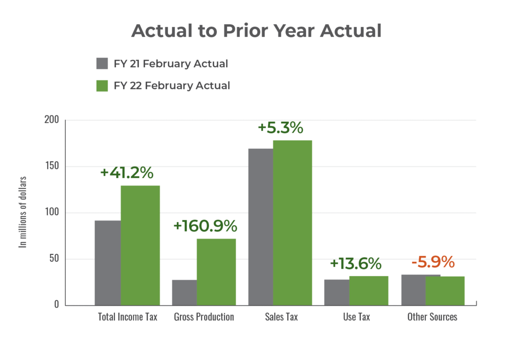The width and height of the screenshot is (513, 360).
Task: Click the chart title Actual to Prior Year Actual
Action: tap(256, 31)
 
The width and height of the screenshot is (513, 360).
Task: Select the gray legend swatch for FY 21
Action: tap(102, 64)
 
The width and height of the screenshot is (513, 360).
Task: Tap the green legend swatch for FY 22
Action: tap(102, 86)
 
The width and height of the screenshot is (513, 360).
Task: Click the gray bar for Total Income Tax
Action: tap(107, 263)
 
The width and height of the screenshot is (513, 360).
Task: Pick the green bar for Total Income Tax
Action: tap(140, 245)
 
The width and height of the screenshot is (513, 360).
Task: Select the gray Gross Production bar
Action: tap(184, 292)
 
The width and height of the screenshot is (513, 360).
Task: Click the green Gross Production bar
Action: tap(216, 272)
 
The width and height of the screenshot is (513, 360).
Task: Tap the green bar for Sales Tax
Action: tap(293, 222)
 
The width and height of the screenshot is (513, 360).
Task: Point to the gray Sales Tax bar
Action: tap(261, 227)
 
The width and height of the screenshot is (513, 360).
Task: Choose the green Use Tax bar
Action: tap(369, 290)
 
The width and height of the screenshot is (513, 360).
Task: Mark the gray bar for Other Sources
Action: tap(413, 290)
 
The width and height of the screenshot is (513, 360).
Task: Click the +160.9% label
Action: tap(205, 226)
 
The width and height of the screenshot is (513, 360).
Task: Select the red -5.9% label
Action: tap(433, 263)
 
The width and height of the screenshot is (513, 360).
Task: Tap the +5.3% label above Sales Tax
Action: tap(281, 128)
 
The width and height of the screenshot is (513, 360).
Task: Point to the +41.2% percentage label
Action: tap(127, 173)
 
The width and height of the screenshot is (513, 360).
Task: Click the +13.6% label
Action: tap(355, 264)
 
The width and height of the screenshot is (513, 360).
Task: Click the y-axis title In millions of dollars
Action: tap(24, 212)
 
